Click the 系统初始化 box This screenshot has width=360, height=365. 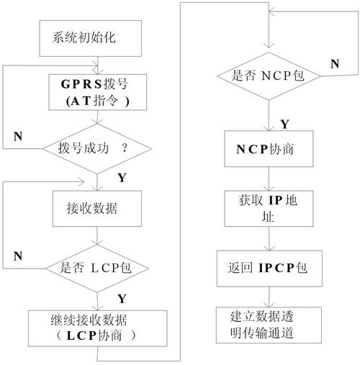tap(91, 38)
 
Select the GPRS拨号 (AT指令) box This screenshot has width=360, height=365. tap(98, 92)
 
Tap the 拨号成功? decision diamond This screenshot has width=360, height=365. tap(97, 148)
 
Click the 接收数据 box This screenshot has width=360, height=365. tap(97, 209)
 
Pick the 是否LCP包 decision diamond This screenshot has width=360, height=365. tap(97, 269)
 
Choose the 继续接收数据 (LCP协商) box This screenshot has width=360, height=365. tap(98, 328)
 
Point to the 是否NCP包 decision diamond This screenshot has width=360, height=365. tap(269, 76)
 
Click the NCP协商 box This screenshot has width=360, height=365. tap(269, 149)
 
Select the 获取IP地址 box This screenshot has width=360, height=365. tap(269, 209)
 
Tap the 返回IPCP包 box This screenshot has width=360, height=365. tap(269, 269)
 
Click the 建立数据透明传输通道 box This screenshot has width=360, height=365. tap(269, 325)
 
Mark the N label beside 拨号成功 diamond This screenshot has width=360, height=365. tap(18, 136)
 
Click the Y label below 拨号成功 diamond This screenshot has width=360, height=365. tap(122, 178)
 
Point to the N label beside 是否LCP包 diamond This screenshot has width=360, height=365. tap(18, 256)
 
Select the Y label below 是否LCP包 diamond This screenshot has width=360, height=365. tap(122, 299)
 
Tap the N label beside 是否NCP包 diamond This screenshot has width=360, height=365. tap(335, 64)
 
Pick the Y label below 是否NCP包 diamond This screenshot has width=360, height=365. tap(284, 125)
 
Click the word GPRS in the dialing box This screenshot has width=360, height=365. tap(81, 84)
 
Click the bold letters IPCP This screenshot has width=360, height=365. tap(276, 268)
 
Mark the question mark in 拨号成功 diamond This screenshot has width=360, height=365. tap(125, 148)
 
